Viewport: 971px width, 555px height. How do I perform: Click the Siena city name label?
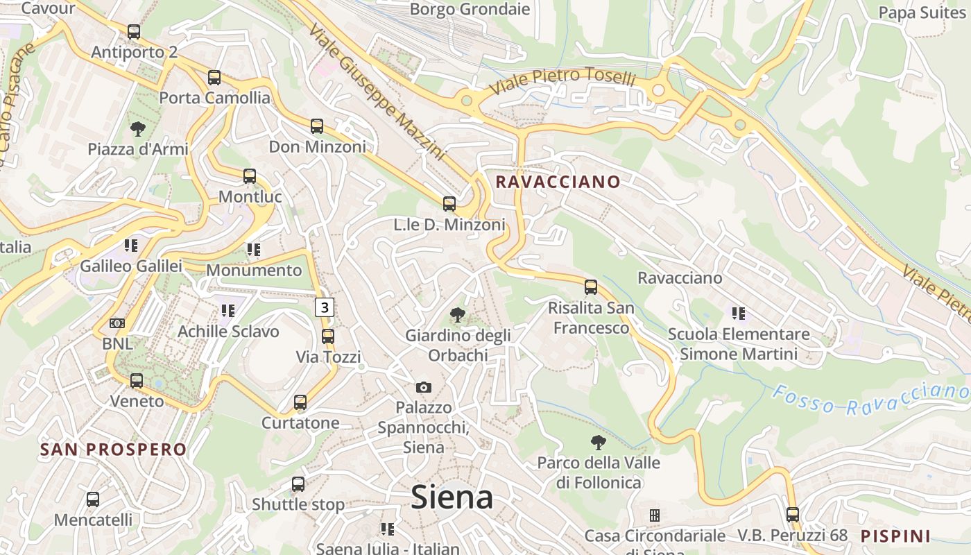[x=452, y=497]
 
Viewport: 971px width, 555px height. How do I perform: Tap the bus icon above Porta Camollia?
[x=214, y=78]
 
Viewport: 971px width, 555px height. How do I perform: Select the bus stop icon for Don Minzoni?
[x=317, y=126]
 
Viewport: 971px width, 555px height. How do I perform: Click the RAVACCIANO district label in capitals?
[x=558, y=182]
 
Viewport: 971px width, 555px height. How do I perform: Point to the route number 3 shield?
[x=325, y=307]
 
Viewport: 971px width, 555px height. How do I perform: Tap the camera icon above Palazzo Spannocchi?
[x=423, y=387]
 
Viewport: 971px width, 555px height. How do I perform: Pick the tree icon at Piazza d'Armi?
[x=137, y=128]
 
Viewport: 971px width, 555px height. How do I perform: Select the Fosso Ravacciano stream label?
[x=870, y=400]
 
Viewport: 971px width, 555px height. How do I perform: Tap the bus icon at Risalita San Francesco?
[x=590, y=287]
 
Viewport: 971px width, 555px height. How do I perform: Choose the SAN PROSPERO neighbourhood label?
[x=114, y=450]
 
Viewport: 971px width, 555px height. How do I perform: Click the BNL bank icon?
[x=117, y=323]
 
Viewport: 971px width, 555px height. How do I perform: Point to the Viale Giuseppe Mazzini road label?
[x=377, y=93]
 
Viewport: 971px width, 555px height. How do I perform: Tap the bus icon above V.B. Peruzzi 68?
[x=793, y=515]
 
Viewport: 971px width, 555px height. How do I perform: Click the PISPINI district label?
[x=895, y=536]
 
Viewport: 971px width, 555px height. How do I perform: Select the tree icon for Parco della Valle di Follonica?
[x=598, y=442]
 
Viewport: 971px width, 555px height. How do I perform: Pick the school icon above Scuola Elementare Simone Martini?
[x=738, y=314]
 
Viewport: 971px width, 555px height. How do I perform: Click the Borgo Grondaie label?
[x=470, y=9]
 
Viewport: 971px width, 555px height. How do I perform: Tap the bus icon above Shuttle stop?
[x=298, y=484]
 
